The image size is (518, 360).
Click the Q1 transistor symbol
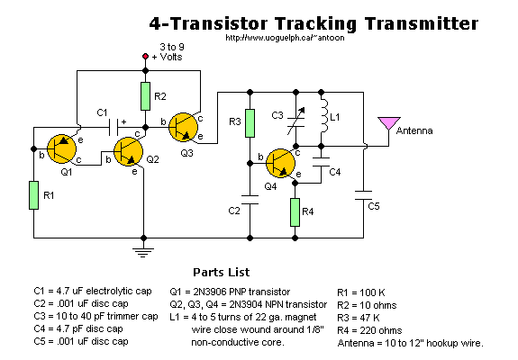(x=61, y=148)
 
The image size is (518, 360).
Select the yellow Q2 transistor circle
(x=128, y=151)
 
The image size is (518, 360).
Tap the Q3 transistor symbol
(x=183, y=128)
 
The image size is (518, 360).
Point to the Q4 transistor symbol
(x=280, y=163)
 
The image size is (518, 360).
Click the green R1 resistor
(x=33, y=195)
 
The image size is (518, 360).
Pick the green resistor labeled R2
(x=145, y=96)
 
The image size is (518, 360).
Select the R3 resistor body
(x=250, y=123)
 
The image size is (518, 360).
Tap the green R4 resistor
(x=295, y=212)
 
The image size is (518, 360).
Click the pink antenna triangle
(x=389, y=122)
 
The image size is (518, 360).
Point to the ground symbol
(x=143, y=251)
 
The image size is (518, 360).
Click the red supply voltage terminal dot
(x=145, y=57)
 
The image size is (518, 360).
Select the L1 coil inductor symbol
(x=324, y=116)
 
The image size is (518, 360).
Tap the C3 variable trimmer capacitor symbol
(x=296, y=121)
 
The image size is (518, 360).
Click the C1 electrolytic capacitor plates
(x=114, y=128)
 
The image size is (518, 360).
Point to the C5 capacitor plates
(x=363, y=195)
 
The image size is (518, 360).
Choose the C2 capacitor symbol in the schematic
(x=250, y=200)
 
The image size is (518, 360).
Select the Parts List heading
(x=222, y=272)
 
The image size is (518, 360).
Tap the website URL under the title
(x=285, y=38)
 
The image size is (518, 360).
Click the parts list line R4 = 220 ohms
(x=369, y=330)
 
